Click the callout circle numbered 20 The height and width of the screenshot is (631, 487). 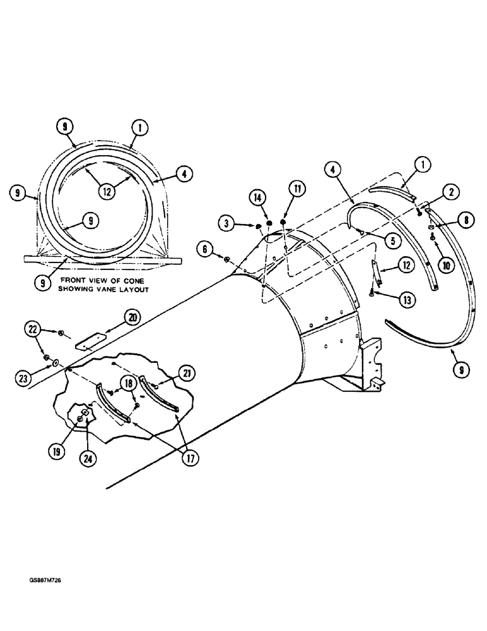coord(132,317)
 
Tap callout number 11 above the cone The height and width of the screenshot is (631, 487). coord(295,189)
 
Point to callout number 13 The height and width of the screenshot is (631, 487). coord(390,299)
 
